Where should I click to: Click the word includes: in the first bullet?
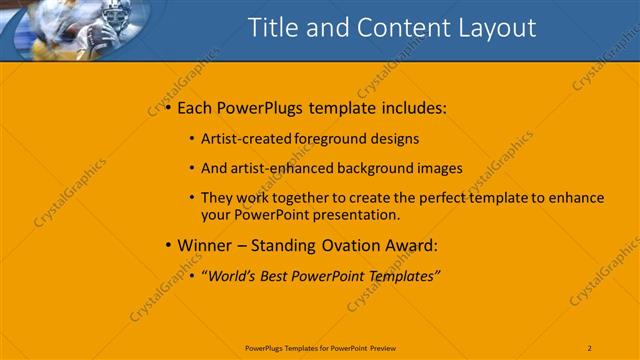411,107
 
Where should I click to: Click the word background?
375,168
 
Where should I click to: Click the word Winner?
205,245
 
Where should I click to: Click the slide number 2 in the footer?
590,347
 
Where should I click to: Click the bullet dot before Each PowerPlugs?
167,107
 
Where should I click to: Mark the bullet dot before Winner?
167,245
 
